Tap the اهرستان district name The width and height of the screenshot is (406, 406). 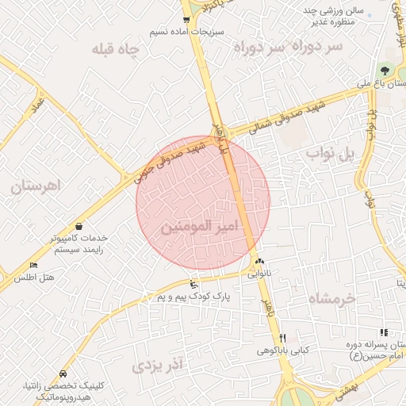(x=36, y=187)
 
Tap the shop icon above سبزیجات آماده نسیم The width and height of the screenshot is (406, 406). (x=186, y=20)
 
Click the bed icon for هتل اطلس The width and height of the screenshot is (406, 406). (x=33, y=265)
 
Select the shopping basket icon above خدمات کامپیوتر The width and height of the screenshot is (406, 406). (x=79, y=226)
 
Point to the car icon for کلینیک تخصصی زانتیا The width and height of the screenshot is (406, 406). (x=63, y=373)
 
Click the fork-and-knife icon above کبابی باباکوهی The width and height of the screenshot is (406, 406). (x=282, y=338)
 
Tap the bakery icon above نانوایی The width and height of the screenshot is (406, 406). (x=260, y=262)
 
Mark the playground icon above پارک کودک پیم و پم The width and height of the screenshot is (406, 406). (x=193, y=284)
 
